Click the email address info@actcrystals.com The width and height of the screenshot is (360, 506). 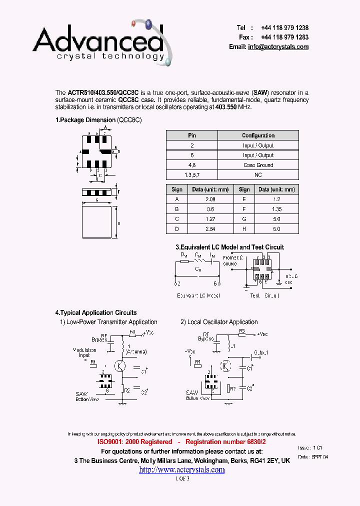click(278, 47)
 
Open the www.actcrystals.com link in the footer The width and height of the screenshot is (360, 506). click(181, 469)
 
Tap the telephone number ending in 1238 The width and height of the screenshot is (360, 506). click(284, 28)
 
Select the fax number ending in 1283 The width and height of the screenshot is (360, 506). click(284, 37)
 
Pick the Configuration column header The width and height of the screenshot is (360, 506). click(258, 135)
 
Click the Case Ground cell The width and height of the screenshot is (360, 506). click(258, 165)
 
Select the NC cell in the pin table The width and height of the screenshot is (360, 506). click(258, 175)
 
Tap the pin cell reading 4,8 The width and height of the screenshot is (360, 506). click(192, 165)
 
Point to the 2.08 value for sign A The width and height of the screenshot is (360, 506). click(210, 199)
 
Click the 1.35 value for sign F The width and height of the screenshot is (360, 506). click(277, 209)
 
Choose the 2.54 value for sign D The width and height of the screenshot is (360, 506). click(210, 229)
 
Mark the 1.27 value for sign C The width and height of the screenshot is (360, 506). click(210, 219)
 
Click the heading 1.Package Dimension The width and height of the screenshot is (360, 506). click(85, 120)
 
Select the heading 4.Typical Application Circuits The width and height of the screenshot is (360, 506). click(96, 312)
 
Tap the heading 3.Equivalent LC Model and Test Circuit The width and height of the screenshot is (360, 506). click(229, 247)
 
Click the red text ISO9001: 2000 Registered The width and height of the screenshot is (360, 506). click(134, 442)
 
